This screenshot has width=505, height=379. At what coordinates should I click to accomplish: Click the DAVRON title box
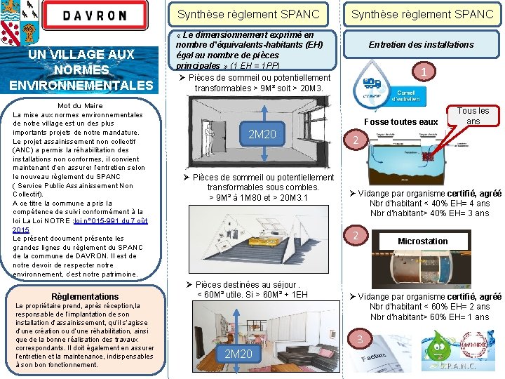pos(96,15)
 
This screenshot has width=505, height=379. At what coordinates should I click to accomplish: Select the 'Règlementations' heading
pos(85,297)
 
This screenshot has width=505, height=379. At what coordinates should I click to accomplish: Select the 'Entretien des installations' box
pos(422,45)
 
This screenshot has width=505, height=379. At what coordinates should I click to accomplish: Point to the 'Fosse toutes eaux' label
pos(402,122)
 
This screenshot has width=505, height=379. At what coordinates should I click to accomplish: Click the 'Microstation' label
pos(422,241)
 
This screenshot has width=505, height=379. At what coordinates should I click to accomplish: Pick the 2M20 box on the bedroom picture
pos(262,134)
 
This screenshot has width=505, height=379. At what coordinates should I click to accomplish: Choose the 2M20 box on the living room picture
pos(238,354)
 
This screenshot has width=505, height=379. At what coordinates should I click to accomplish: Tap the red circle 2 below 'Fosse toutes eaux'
pos(356,141)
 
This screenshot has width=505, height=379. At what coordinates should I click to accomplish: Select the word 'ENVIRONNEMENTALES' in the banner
pos(81,86)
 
